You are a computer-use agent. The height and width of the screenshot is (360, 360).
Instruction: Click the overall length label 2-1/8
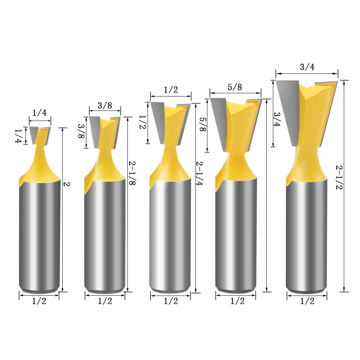pyautogui.click(x=132, y=173)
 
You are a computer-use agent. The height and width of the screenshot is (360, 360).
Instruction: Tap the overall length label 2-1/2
pyautogui.click(x=339, y=177)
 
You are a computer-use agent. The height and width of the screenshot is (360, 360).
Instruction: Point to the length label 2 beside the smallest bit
pyautogui.click(x=67, y=184)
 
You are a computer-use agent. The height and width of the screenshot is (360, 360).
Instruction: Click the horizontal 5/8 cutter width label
pyautogui.click(x=235, y=87)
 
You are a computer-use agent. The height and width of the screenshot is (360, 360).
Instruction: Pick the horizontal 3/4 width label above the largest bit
pyautogui.click(x=307, y=67)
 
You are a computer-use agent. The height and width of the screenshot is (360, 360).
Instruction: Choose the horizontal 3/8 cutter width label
pyautogui.click(x=105, y=105)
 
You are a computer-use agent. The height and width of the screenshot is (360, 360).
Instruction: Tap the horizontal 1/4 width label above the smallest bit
pyautogui.click(x=40, y=112)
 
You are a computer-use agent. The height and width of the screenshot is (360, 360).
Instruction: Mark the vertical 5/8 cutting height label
pyautogui.click(x=203, y=124)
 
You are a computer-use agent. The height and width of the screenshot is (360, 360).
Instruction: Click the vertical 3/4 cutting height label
pyautogui.click(x=276, y=119)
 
